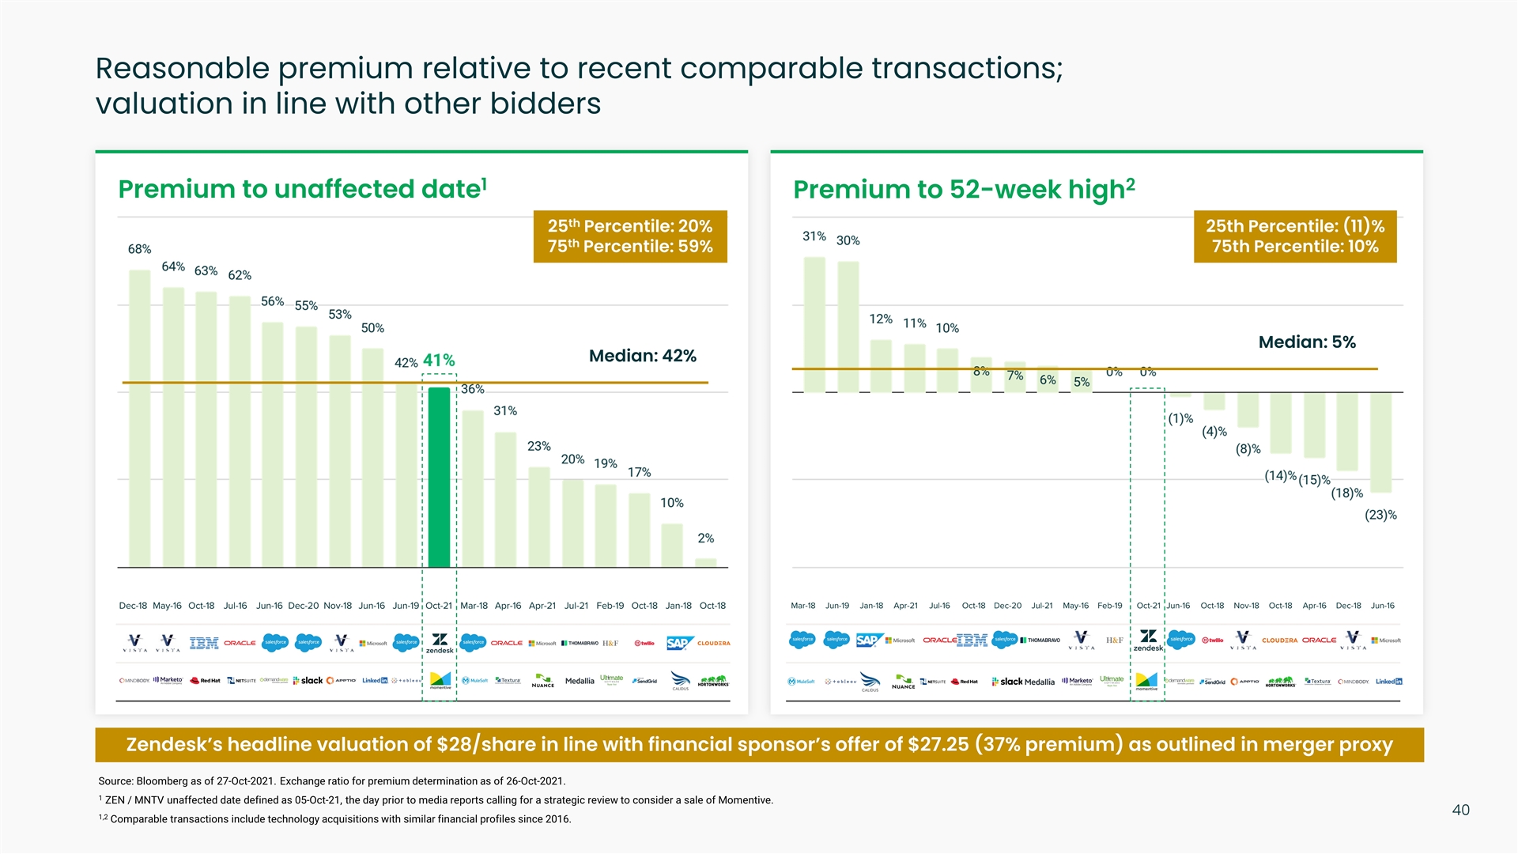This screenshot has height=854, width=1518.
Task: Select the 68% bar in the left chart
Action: [x=140, y=418]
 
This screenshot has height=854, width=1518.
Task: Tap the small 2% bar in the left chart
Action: [x=705, y=563]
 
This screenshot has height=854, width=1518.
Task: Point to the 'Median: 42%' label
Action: [x=642, y=356]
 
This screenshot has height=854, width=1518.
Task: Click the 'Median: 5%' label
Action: [x=1306, y=342]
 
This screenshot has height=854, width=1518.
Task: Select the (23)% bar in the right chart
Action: [x=1380, y=443]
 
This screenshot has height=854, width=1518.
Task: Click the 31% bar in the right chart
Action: [x=814, y=324]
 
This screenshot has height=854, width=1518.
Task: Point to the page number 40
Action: [x=1460, y=810]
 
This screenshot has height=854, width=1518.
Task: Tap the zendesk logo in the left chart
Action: [x=440, y=643]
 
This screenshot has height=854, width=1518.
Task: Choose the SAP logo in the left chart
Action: [x=678, y=643]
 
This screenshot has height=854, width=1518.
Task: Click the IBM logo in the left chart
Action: [x=204, y=643]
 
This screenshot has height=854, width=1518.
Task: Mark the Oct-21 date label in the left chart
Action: [x=439, y=606]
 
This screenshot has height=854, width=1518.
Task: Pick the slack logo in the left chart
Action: [x=308, y=681]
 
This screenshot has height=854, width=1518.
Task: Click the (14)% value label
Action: [x=1280, y=476]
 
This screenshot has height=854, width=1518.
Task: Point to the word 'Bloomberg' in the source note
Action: [x=161, y=781]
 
